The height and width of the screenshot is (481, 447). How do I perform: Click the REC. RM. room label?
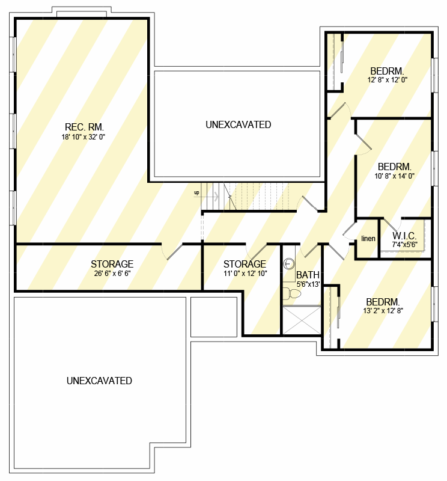click(84, 127)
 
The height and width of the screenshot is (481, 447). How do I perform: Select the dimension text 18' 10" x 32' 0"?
click(84, 137)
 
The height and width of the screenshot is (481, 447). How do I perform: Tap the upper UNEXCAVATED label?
click(238, 125)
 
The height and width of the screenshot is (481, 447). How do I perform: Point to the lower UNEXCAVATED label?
click(99, 381)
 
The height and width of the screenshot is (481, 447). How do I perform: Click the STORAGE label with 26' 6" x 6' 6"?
click(112, 264)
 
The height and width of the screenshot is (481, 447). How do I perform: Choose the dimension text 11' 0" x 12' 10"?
click(245, 274)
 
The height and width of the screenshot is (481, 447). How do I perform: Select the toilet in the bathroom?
click(293, 293)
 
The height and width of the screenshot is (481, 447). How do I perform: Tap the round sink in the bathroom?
click(288, 263)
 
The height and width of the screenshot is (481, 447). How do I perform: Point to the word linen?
click(368, 239)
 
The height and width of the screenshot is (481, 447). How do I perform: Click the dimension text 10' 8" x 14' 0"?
click(394, 177)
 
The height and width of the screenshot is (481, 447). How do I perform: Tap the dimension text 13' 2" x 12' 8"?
click(383, 311)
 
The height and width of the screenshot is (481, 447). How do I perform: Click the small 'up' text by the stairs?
click(196, 193)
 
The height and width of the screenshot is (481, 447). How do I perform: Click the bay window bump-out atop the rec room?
click(80, 12)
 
